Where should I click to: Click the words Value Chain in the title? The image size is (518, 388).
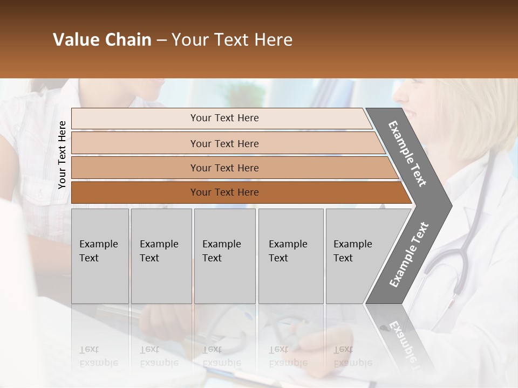click(102, 40)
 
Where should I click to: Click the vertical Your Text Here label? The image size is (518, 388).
click(62, 155)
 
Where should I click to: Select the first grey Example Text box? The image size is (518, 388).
click(100, 256)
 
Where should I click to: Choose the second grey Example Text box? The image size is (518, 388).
click(161, 256)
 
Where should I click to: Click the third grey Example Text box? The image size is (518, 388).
click(224, 256)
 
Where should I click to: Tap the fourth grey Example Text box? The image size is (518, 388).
click(291, 256)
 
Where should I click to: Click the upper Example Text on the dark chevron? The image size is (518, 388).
click(407, 154)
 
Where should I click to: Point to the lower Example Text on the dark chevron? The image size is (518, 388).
click(409, 254)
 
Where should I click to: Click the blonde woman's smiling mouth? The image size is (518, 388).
click(410, 114)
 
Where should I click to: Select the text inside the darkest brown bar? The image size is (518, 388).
click(224, 192)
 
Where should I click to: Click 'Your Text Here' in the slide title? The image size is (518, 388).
click(232, 40)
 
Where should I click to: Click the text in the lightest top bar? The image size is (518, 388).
click(224, 118)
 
